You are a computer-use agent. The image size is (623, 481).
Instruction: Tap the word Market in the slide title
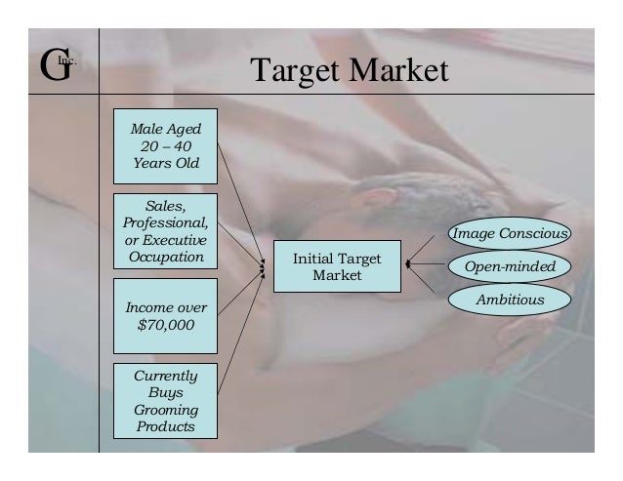coord(402,70)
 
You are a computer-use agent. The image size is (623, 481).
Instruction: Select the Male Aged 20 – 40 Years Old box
coord(166,145)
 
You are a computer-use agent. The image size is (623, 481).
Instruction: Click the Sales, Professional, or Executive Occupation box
coord(166,231)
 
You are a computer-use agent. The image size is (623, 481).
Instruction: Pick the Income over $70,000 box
coord(166,317)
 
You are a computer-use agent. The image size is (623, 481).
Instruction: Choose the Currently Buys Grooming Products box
coord(166,401)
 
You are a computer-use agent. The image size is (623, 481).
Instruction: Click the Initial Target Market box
coord(337,267)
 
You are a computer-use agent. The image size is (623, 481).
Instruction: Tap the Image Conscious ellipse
coord(509,234)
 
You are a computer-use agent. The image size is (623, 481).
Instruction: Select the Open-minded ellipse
coord(509,266)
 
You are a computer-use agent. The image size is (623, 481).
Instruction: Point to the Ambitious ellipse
coord(509,300)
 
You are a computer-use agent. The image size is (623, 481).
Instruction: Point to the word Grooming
coord(166,410)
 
